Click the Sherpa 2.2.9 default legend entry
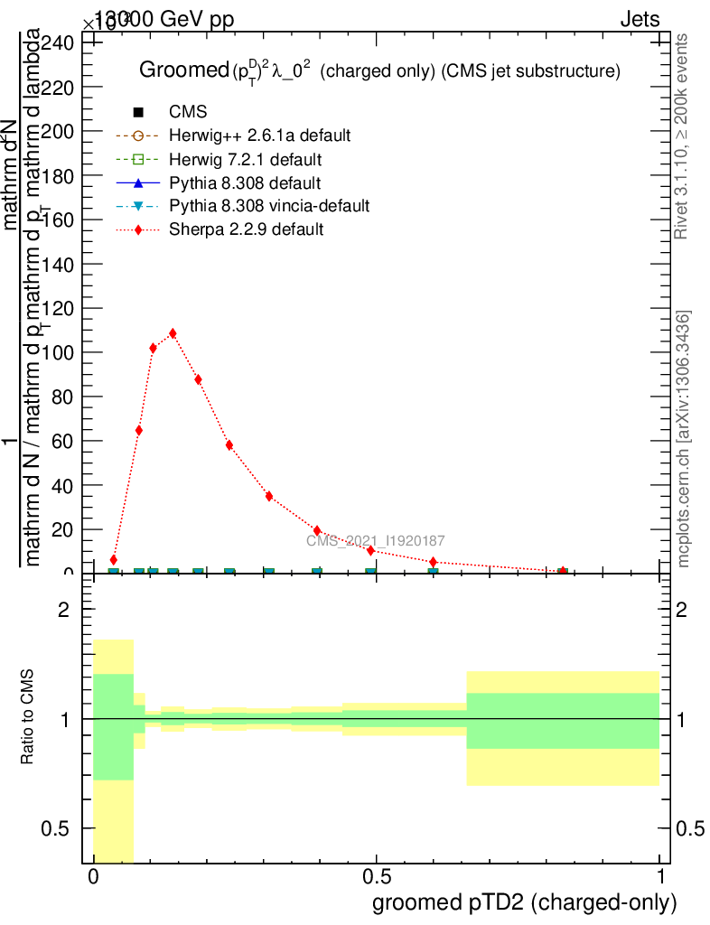pyautogui.click(x=246, y=229)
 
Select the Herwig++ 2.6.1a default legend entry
pyautogui.click(x=259, y=135)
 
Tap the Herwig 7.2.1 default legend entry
pyautogui.click(x=245, y=159)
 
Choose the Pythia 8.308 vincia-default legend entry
pyautogui.click(x=269, y=206)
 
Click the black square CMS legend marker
pyautogui.click(x=138, y=112)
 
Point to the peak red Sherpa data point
pyautogui.click(x=173, y=333)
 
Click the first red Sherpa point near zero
pyautogui.click(x=114, y=560)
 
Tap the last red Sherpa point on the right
pyautogui.click(x=563, y=571)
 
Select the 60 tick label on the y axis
pyautogui.click(x=64, y=441)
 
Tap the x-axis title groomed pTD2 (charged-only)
pyautogui.click(x=524, y=902)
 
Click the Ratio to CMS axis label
pyautogui.click(x=28, y=718)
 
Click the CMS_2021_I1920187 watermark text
pyautogui.click(x=375, y=541)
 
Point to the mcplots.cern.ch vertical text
pyautogui.click(x=684, y=439)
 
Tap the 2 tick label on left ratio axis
pyautogui.click(x=63, y=610)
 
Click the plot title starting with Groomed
pyautogui.click(x=378, y=70)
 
